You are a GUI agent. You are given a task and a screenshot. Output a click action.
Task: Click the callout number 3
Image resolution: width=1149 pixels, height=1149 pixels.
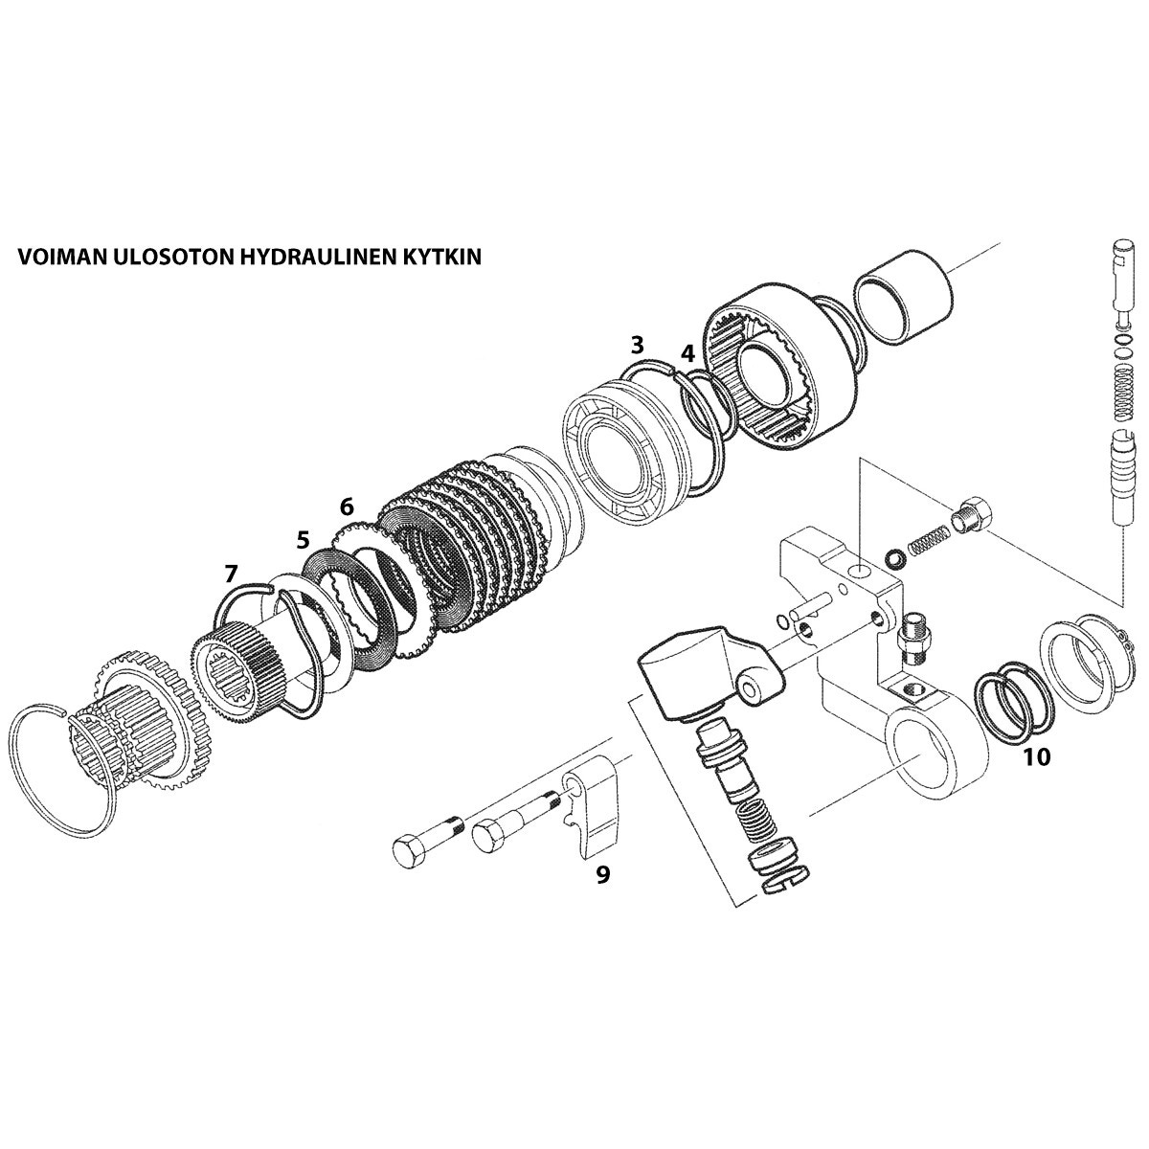(x=637, y=345)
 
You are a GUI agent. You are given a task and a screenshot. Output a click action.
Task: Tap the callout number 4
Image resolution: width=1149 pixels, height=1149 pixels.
(x=687, y=353)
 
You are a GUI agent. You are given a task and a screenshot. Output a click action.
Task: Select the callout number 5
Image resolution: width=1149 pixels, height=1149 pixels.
(x=303, y=540)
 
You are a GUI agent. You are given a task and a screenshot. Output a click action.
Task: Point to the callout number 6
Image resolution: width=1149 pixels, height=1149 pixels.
(x=347, y=505)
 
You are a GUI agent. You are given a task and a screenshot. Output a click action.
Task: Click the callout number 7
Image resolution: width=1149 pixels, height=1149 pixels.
(x=230, y=574)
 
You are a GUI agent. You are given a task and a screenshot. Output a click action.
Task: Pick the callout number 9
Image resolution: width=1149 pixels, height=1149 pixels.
(x=602, y=874)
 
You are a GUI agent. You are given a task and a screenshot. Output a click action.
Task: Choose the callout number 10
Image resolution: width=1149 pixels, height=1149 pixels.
(x=1036, y=757)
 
